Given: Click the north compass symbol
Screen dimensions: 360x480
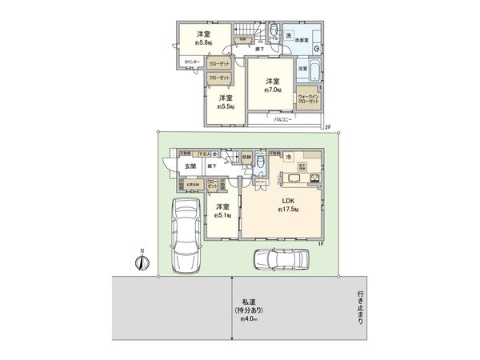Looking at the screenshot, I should [142, 262].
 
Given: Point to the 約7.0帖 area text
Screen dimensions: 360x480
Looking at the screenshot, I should [273, 91].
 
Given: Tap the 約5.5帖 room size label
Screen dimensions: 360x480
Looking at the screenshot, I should [226, 106].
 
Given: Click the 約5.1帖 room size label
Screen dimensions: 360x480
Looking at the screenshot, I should [222, 214].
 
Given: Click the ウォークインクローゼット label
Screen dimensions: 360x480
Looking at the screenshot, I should [308, 99].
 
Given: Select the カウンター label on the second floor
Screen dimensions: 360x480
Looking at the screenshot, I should [191, 62].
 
